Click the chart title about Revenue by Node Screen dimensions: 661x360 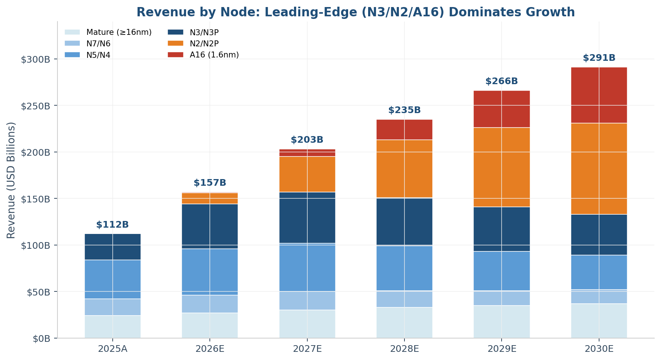click(x=356, y=12)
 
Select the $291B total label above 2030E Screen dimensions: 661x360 click(x=599, y=58)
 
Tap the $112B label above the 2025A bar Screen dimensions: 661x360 click(x=112, y=225)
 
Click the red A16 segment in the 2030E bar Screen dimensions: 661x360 click(x=599, y=95)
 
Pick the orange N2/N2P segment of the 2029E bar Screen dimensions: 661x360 click(x=502, y=167)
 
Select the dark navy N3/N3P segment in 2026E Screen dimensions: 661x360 click(x=210, y=226)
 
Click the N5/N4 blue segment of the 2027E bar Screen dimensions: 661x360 click(x=307, y=267)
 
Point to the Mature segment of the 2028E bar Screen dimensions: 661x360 click(x=404, y=323)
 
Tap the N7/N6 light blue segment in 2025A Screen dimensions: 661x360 click(x=113, y=307)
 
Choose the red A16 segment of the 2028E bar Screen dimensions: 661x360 click(x=404, y=129)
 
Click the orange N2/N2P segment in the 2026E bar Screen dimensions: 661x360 click(x=210, y=198)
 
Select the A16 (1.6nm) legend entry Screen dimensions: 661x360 click(x=203, y=55)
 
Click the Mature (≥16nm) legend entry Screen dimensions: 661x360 click(x=108, y=32)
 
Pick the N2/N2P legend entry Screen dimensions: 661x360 click(x=193, y=43)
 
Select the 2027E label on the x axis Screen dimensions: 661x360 click(x=307, y=349)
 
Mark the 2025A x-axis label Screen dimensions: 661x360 click(x=113, y=349)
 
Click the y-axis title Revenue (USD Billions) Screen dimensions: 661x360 click(x=11, y=180)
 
